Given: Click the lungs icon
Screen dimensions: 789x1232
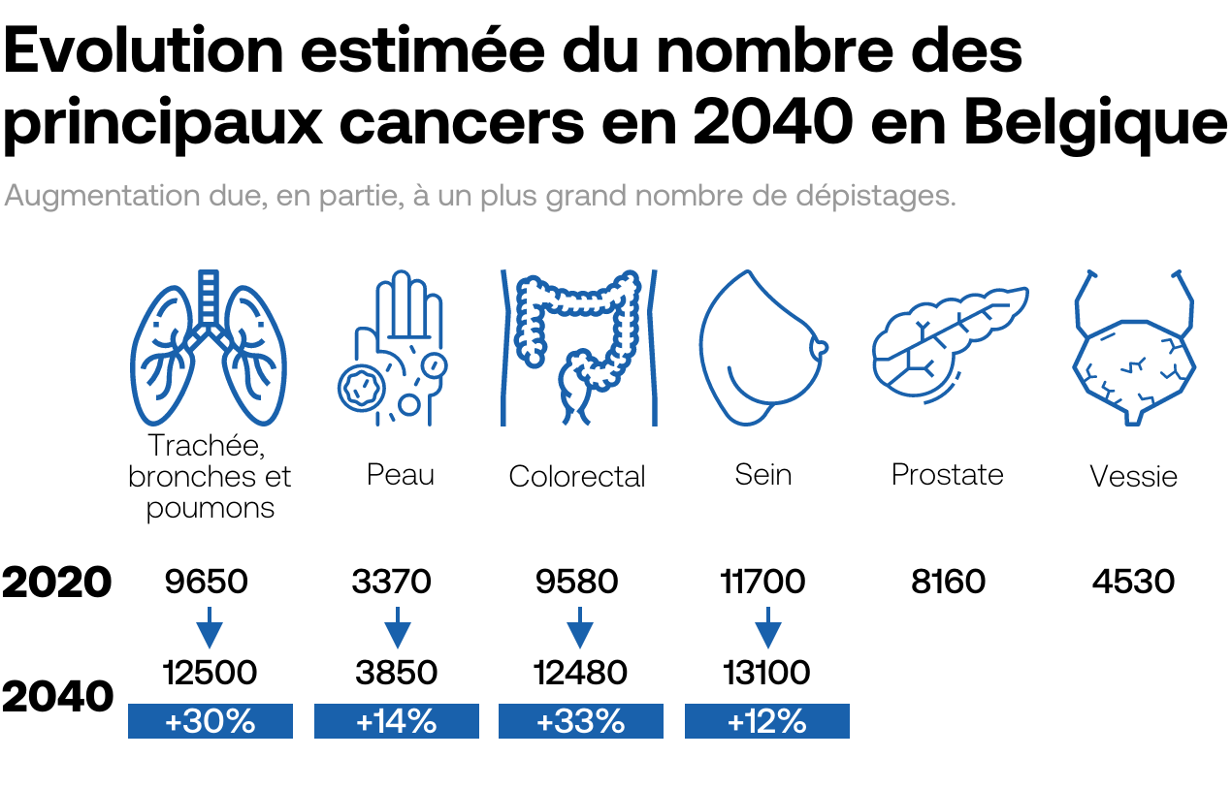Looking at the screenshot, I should pos(209,349).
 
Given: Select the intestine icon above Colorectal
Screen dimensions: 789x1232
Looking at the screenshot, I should pos(578,347).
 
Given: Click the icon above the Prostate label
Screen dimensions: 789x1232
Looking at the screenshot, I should pos(949,344).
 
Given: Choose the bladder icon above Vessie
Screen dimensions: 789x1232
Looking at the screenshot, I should pos(1133,349).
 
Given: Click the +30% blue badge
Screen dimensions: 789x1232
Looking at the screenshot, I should pos(211,721).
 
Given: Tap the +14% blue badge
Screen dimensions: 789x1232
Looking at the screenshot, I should pos(397,721).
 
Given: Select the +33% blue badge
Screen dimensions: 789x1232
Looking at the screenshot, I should pos(581,721).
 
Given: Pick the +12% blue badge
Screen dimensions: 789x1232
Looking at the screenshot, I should pos(767,721).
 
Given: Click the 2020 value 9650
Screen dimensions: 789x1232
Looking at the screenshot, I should pos(207,582).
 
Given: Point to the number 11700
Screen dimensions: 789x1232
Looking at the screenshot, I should pos(763,582).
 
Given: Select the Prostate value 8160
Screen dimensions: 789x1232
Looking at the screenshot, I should pos(949,582).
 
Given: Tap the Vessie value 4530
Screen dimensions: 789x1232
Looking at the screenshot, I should pos(1133,582).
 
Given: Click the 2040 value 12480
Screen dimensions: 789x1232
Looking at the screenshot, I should pos(581,672).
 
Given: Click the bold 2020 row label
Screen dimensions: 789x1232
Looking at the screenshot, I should pos(57,583).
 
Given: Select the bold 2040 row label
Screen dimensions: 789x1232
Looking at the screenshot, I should pos(57,696).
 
